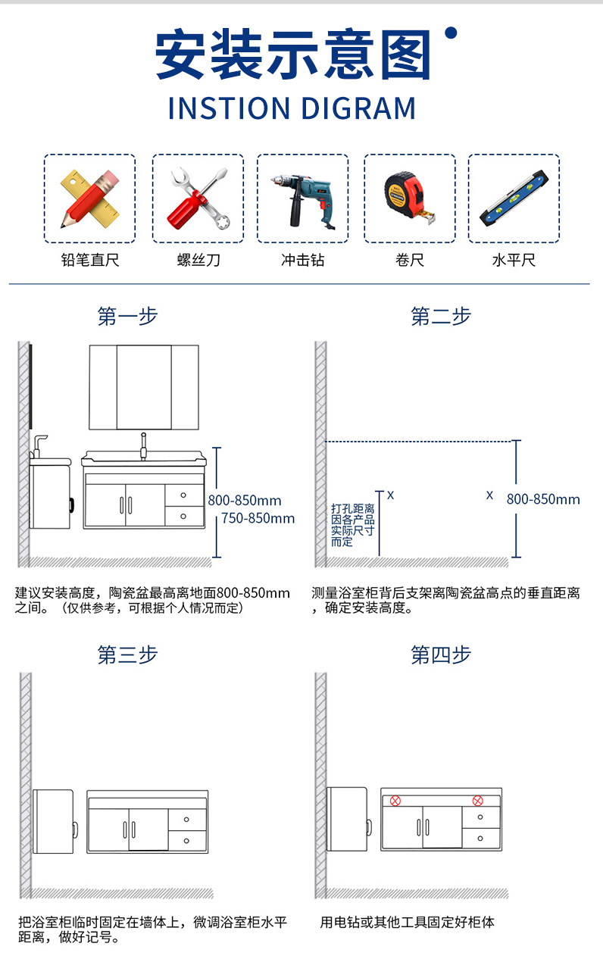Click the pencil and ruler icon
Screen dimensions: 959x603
(x=89, y=198)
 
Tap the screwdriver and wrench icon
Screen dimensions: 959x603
(x=197, y=199)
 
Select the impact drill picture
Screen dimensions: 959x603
(x=303, y=198)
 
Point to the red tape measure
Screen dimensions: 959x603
(x=409, y=198)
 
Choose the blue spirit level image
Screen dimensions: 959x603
(x=514, y=199)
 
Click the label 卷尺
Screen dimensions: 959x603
(x=410, y=260)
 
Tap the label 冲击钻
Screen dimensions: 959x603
(x=303, y=260)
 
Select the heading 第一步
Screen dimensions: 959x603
(x=127, y=317)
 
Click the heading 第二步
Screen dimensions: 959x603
(x=441, y=317)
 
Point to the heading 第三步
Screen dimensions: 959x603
(x=127, y=654)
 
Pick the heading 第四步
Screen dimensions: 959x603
(x=441, y=654)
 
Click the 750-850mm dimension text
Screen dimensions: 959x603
(x=258, y=519)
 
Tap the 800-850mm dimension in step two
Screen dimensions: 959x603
(x=543, y=499)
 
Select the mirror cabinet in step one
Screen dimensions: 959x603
(x=144, y=387)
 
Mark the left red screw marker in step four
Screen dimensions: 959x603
(x=395, y=801)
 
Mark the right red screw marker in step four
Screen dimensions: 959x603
(x=477, y=801)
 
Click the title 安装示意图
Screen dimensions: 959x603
(x=292, y=55)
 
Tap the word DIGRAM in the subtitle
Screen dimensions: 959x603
(x=358, y=108)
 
